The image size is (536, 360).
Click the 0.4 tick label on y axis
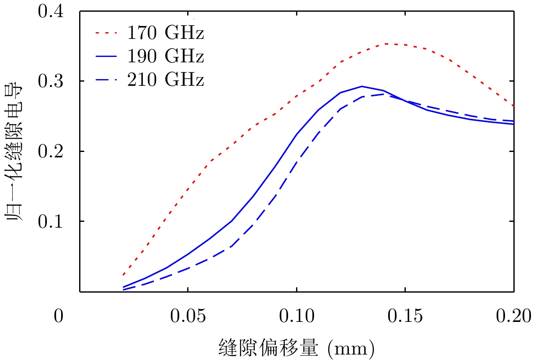click(x=51, y=11)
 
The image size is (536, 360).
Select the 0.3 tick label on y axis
click(x=51, y=81)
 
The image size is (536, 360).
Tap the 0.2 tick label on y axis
click(x=51, y=151)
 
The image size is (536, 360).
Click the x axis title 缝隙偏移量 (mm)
click(x=296, y=347)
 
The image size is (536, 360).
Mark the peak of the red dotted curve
click(x=385, y=44)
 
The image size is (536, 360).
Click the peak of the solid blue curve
click(x=361, y=86)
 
